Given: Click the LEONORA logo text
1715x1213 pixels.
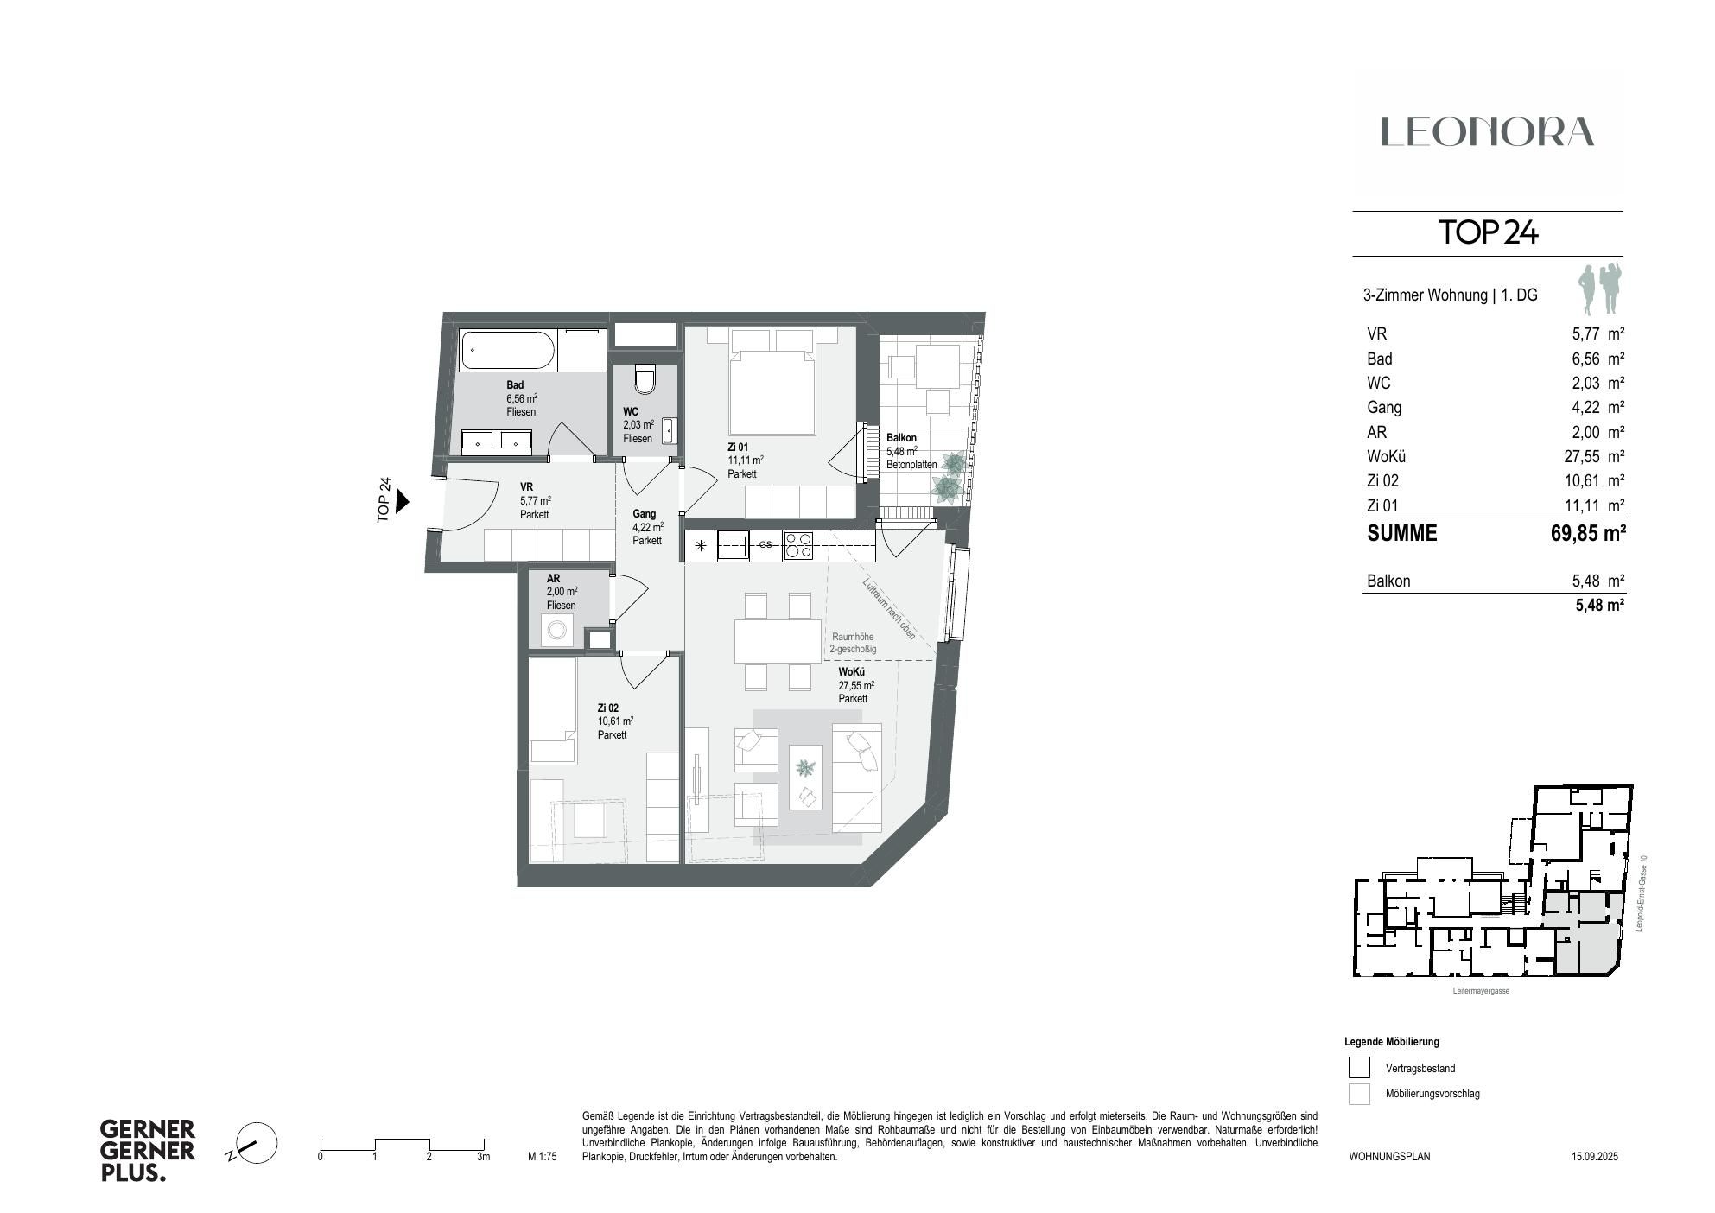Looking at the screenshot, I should [1487, 132].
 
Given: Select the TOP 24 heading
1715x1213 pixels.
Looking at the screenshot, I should [1487, 232].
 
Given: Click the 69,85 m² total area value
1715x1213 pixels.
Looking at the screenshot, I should [1588, 533].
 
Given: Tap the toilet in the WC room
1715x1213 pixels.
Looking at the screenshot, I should [645, 378].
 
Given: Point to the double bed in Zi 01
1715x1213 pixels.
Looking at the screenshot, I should [772, 384].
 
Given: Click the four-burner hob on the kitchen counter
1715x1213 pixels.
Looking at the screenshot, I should [797, 545].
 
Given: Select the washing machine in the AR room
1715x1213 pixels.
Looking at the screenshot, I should [556, 631].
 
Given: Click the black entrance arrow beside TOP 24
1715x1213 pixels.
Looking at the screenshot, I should [402, 501].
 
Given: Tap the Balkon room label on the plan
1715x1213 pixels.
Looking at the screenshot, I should [901, 438].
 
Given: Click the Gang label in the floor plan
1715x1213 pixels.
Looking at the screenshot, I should [644, 513].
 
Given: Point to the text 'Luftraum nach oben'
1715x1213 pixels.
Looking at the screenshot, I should [887, 608].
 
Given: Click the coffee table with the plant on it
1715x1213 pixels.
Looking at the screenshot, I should [805, 777].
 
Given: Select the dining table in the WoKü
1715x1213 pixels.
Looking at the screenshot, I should [778, 640].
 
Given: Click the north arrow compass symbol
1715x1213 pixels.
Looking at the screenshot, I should [256, 1144].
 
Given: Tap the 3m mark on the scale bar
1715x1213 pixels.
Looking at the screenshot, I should [483, 1156].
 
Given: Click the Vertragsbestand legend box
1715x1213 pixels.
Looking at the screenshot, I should [1359, 1068].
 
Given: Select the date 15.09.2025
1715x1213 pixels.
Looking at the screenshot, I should [1594, 1156].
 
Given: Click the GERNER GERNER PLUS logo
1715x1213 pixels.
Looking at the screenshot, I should [148, 1151].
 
